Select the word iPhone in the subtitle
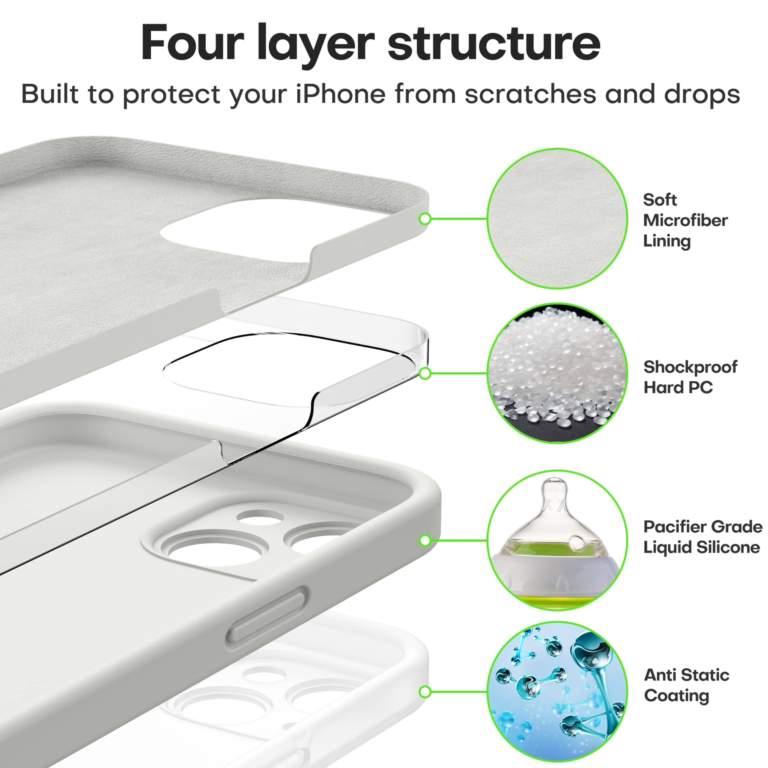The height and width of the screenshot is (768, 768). tap(341, 94)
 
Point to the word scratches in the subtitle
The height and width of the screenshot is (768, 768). tap(530, 94)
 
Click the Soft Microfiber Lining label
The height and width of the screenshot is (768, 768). tap(685, 220)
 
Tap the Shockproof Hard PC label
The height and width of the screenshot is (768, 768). tap(690, 377)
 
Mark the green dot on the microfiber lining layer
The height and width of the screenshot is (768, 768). tap(425, 219)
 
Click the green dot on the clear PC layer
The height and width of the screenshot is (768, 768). tap(425, 373)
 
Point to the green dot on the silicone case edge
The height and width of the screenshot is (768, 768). tap(425, 540)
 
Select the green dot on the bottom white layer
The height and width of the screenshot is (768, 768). tap(425, 692)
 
